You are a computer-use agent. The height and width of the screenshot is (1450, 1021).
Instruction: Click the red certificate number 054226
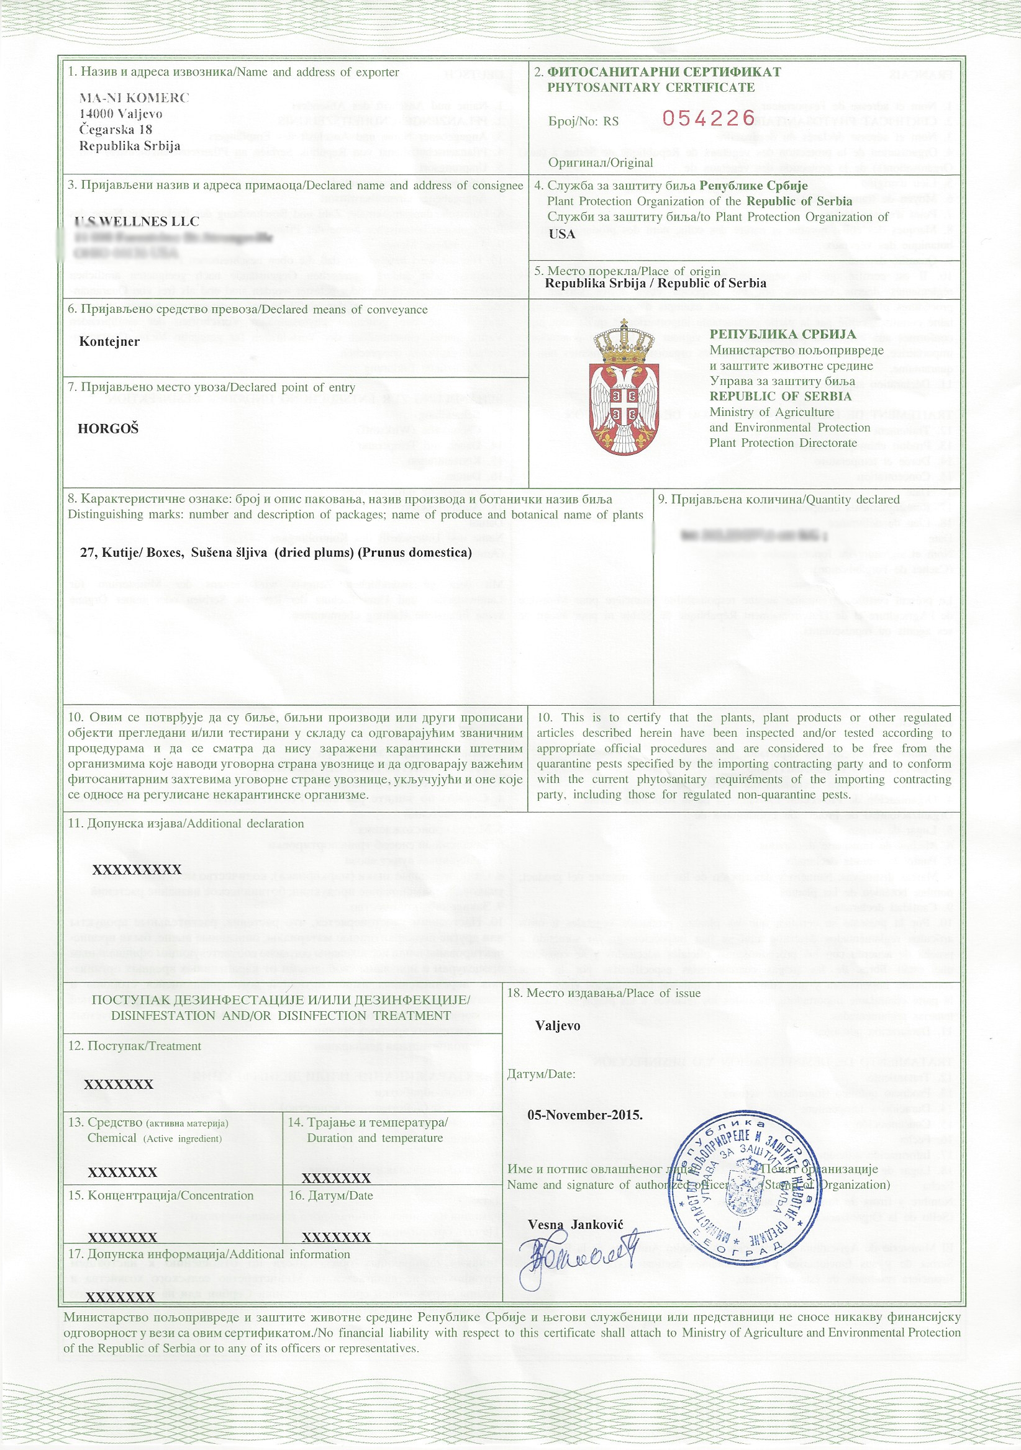(x=708, y=118)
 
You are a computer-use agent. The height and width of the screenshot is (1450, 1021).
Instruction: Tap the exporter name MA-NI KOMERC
(x=134, y=98)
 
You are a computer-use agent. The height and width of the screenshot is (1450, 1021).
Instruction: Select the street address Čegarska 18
(x=116, y=130)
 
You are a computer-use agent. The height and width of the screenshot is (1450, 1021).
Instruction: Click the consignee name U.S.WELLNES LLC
(x=137, y=222)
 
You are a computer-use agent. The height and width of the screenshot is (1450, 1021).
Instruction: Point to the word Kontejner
(x=109, y=341)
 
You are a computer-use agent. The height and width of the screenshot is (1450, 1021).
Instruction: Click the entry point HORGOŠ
(x=108, y=429)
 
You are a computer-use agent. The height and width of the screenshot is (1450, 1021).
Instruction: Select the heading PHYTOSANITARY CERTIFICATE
(x=651, y=87)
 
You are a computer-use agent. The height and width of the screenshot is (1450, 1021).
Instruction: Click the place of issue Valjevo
(x=557, y=1025)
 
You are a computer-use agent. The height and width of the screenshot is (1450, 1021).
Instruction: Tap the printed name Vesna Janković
(x=576, y=1224)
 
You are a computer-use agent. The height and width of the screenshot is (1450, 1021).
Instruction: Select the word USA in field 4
(x=561, y=233)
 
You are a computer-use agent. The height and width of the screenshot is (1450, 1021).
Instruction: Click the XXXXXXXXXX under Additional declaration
(x=137, y=870)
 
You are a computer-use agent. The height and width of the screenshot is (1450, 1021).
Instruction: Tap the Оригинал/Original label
(x=600, y=162)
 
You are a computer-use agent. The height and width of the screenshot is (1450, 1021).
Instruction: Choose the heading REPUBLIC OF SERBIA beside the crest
(x=780, y=397)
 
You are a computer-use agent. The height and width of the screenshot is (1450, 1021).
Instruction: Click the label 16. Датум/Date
(x=330, y=1196)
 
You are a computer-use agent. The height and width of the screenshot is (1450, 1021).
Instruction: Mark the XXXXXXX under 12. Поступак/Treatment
(x=119, y=1084)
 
